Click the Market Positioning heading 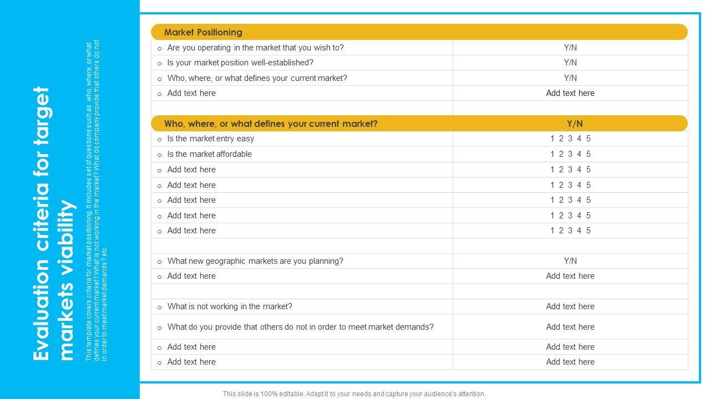point(203,32)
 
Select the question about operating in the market point(255,48)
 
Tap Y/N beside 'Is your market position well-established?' point(570,63)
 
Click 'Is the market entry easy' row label point(210,139)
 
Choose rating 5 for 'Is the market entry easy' point(589,139)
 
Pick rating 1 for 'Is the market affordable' point(552,154)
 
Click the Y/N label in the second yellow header point(575,124)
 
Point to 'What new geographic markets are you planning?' point(255,261)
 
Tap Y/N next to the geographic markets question point(570,261)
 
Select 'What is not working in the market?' point(230,306)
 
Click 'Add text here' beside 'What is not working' point(570,306)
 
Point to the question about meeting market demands point(300,327)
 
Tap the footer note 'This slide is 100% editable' point(354,394)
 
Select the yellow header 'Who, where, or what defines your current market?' point(271,124)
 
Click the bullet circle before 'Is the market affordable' point(160,155)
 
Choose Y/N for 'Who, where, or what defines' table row point(570,78)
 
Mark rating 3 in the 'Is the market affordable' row point(570,154)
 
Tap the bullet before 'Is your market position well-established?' point(160,64)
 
